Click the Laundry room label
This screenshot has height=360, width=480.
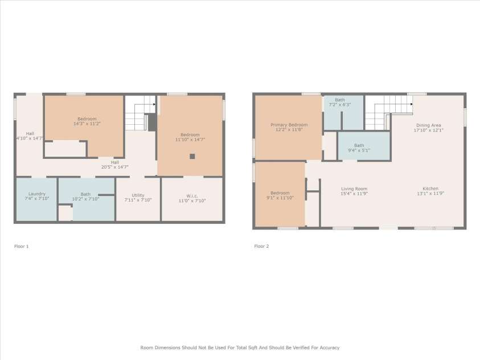tap(36, 194)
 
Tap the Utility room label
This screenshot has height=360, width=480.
tap(138, 195)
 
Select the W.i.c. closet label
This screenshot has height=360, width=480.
tap(192, 195)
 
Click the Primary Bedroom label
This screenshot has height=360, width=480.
tap(289, 125)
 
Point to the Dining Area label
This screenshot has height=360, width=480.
tap(428, 125)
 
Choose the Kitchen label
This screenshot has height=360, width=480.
tap(430, 189)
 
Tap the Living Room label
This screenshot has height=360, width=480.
tap(354, 189)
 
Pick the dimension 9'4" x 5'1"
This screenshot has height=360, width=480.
tap(359, 150)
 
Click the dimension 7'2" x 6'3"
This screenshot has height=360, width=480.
tap(339, 105)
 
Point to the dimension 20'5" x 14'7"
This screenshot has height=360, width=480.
tap(114, 167)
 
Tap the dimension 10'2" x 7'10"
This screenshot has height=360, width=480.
tap(85, 199)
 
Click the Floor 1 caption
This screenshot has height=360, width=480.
tap(21, 246)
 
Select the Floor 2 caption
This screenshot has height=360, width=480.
tap(261, 246)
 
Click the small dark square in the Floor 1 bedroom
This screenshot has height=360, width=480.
tap(192, 156)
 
